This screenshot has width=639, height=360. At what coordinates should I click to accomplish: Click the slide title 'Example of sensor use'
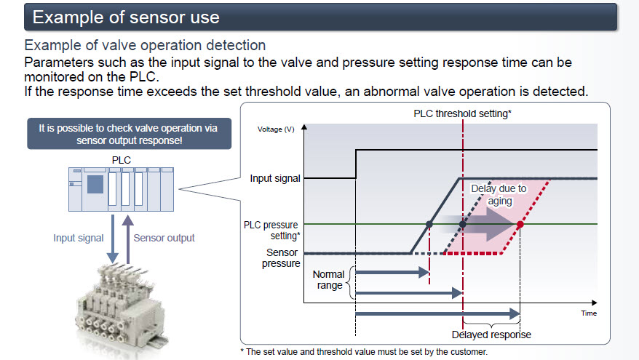click(126, 15)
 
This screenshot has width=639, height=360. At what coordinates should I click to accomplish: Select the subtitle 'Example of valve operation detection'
click(145, 46)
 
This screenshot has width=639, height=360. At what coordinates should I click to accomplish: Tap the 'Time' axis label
click(589, 313)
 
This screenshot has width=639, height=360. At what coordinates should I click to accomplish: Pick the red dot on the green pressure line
click(520, 225)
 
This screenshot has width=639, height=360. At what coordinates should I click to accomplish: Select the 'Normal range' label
click(328, 281)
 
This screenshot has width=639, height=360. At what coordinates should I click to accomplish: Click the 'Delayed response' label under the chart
click(491, 335)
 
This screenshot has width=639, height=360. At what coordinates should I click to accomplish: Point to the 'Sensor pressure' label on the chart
click(281, 257)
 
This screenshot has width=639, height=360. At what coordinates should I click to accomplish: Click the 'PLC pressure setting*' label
click(272, 230)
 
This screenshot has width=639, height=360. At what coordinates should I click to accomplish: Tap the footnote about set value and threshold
click(363, 351)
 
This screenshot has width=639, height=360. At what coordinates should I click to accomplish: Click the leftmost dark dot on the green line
click(429, 225)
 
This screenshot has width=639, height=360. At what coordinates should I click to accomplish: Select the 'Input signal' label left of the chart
click(274, 178)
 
